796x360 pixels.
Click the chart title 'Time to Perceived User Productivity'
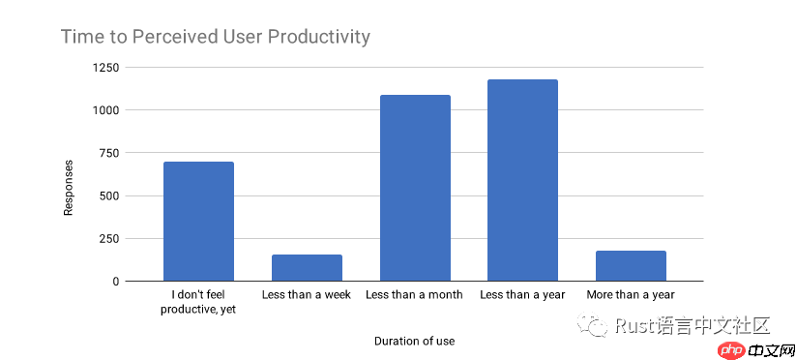point(216,38)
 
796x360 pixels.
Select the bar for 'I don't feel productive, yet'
point(198,222)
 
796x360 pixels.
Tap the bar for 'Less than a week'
point(307,268)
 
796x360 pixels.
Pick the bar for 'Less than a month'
point(415,188)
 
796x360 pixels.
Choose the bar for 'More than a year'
point(631,266)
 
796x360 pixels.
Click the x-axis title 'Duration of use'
point(414,341)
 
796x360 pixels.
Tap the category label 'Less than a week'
point(307,294)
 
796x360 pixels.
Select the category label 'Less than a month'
point(414,294)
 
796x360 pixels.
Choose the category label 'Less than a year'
point(522,294)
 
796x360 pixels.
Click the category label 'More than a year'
point(631,294)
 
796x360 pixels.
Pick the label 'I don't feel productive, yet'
point(198,301)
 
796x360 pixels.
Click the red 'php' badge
point(732,349)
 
